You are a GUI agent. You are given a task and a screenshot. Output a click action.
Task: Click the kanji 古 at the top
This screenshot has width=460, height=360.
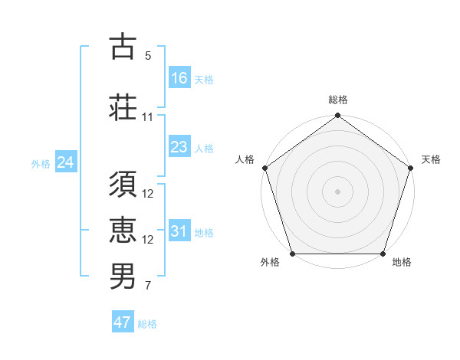click(123, 47)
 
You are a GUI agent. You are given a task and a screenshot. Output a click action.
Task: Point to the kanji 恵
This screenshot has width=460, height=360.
click(123, 229)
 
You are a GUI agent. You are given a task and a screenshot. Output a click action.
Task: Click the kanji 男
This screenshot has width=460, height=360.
click(123, 275)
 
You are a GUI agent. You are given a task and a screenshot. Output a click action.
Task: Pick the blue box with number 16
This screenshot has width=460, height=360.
click(179, 77)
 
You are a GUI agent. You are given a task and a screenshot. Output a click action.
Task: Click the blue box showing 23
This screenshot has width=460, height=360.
click(179, 147)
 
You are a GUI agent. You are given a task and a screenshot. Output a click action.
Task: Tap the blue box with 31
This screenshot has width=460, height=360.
click(179, 231)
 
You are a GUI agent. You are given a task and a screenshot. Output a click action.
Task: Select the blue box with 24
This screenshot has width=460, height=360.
click(66, 162)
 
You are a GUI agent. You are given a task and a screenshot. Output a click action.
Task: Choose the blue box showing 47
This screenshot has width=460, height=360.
click(123, 322)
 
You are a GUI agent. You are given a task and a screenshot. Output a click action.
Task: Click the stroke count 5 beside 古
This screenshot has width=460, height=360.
click(148, 56)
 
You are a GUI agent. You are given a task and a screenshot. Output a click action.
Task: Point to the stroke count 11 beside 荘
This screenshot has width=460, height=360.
click(148, 117)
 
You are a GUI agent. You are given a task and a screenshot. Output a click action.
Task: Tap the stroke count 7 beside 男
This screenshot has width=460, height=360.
click(148, 286)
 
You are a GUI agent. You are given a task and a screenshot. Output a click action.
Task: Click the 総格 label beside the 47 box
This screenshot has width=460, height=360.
click(147, 324)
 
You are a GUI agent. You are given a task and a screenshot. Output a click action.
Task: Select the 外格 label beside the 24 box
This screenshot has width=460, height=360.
click(41, 164)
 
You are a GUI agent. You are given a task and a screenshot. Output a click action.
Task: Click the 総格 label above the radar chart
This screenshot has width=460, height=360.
click(337, 100)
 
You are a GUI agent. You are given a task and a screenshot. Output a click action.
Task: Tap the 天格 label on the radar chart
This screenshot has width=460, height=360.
click(431, 159)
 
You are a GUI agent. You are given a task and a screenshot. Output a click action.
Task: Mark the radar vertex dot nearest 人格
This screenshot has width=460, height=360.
click(264, 168)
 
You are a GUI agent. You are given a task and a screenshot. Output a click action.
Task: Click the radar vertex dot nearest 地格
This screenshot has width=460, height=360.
click(383, 254)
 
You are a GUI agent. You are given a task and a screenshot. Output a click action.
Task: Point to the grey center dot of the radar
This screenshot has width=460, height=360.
click(337, 191)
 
